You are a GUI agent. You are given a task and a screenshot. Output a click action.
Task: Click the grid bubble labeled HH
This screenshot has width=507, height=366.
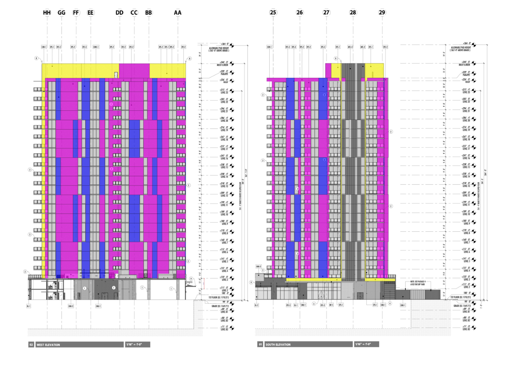(47, 13)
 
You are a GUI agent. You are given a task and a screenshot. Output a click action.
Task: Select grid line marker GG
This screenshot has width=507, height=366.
(62, 13)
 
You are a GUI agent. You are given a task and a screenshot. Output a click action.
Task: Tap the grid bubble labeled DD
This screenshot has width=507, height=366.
(119, 13)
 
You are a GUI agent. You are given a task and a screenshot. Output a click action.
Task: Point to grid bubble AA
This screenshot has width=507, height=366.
(177, 13)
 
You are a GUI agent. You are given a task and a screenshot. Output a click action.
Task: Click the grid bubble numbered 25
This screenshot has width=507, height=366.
(273, 12)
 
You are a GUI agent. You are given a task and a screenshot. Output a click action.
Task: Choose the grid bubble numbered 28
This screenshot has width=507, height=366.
(353, 12)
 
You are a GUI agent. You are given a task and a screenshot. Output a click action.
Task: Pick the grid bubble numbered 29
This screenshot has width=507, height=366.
(382, 12)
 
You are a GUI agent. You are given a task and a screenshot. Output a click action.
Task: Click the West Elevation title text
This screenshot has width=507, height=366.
(48, 345)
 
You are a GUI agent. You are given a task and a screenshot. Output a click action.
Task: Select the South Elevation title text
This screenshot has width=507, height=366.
(278, 344)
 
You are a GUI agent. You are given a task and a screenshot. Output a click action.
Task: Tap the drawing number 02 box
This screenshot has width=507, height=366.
(31, 345)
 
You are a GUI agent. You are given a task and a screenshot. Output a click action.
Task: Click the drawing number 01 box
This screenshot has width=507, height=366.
(260, 344)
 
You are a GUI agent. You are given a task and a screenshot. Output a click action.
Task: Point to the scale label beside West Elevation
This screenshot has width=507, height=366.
(134, 345)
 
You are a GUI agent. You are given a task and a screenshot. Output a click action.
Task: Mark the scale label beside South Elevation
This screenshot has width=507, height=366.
(363, 344)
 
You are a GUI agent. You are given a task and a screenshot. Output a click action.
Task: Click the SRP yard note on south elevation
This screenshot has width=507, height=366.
(418, 283)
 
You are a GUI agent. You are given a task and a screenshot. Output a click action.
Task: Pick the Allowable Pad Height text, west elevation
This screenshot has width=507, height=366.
(219, 49)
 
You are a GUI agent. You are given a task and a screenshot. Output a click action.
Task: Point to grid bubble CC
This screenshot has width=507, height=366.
(134, 13)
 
